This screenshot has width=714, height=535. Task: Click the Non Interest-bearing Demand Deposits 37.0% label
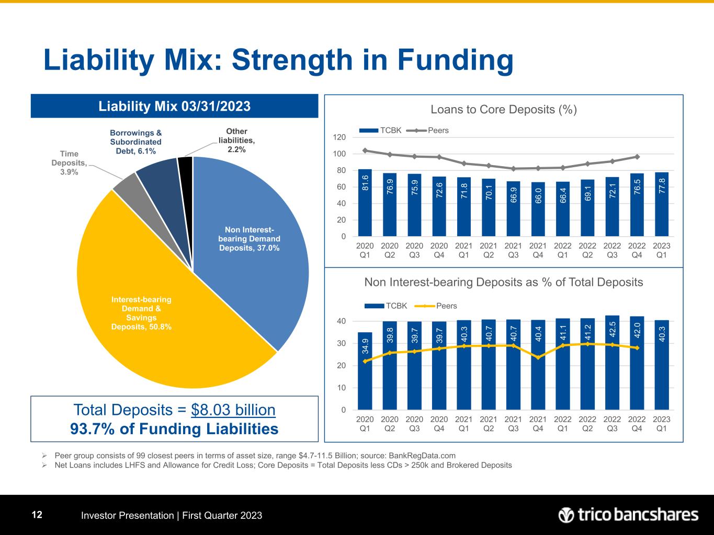pyautogui.click(x=249, y=239)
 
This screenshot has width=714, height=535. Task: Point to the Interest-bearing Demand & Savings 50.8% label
pyautogui.click(x=141, y=313)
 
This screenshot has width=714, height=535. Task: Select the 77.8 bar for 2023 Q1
pyautogui.click(x=662, y=204)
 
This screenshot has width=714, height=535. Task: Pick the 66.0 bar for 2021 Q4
pyautogui.click(x=538, y=209)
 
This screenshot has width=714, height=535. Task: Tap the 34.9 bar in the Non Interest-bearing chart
pyautogui.click(x=365, y=371)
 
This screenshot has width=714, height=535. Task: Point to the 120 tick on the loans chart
pyautogui.click(x=339, y=137)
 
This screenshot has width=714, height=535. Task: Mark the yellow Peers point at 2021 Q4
pyautogui.click(x=538, y=357)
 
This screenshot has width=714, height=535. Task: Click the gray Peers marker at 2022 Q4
pyautogui.click(x=637, y=157)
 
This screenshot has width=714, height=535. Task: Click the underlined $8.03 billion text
pyautogui.click(x=233, y=410)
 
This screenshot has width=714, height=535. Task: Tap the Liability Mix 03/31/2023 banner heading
pyautogui.click(x=175, y=106)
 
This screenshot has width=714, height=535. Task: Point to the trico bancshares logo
pyautogui.click(x=628, y=515)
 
